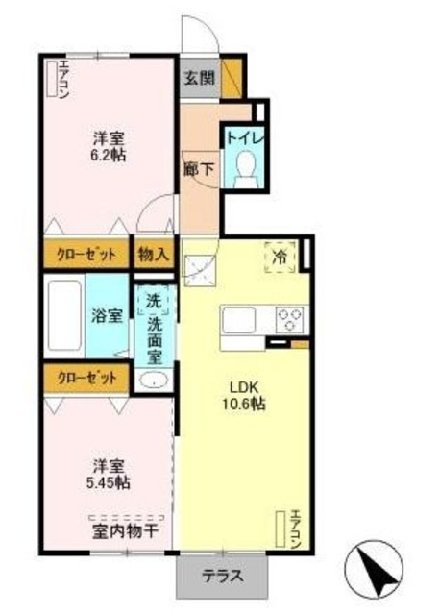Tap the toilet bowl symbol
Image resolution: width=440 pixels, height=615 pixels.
[x=248, y=166]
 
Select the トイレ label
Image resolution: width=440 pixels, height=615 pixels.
[x=246, y=136]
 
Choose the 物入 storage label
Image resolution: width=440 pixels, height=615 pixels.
[x=154, y=255]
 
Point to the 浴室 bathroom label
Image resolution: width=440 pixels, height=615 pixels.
[x=105, y=314]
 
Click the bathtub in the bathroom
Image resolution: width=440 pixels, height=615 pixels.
[x=65, y=316]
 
